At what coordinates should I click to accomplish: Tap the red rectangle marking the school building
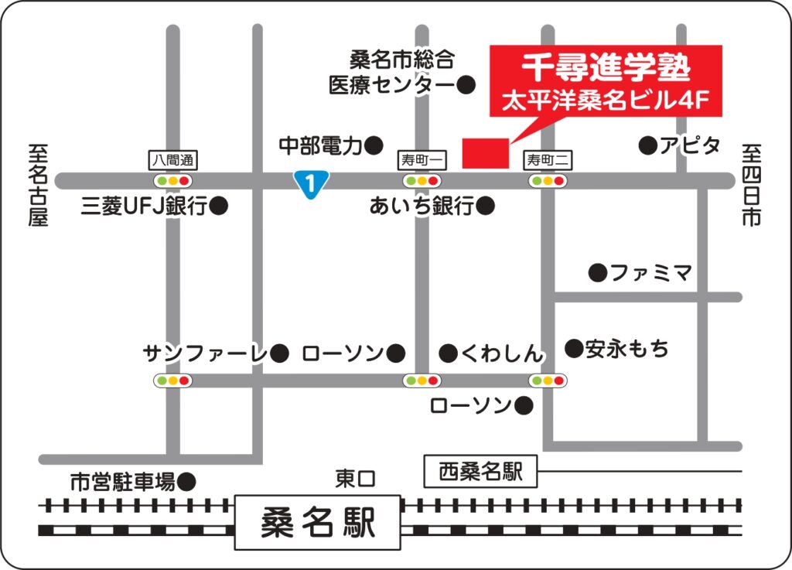point(485,153)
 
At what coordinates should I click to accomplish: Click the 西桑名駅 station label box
point(481,471)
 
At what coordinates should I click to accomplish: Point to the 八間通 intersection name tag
point(172,160)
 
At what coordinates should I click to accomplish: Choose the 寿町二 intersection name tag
point(548,160)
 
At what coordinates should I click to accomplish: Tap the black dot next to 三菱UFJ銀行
point(220,206)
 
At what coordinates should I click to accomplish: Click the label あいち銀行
point(422,206)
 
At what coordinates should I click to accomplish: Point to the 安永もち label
point(626,349)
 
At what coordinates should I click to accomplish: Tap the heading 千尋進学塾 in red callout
point(605,69)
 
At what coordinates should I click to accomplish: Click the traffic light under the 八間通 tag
point(172,181)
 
